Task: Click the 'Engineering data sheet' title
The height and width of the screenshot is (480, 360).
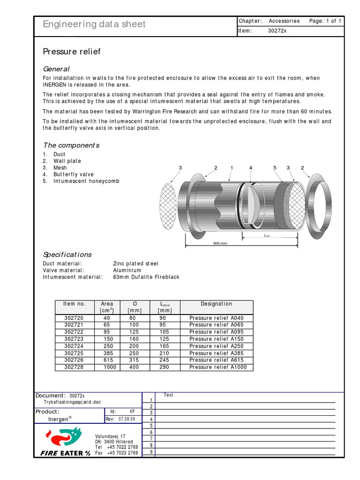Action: (x=94, y=24)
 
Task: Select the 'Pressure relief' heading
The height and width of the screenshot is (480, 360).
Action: (x=72, y=52)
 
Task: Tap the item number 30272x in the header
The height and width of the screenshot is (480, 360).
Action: (x=278, y=31)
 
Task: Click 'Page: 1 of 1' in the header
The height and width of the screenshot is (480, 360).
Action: (x=325, y=21)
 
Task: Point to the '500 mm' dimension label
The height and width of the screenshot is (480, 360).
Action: (x=220, y=243)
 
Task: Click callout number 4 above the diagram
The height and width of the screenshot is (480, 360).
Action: (x=251, y=168)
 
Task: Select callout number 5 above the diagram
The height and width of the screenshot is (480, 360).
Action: (x=275, y=168)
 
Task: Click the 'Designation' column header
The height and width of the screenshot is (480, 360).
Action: (x=216, y=304)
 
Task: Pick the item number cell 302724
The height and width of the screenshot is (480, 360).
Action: (x=74, y=346)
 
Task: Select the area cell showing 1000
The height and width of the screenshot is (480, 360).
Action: (x=110, y=367)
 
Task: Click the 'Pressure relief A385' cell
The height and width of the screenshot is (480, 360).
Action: (x=216, y=353)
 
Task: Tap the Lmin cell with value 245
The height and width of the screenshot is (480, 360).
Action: (x=165, y=360)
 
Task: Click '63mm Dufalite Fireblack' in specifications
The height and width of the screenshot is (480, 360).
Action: (x=146, y=277)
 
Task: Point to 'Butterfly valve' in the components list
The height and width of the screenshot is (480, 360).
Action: (x=74, y=174)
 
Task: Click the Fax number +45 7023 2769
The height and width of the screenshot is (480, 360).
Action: (x=122, y=453)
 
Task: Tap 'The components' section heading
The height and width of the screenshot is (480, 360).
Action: (x=71, y=145)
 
